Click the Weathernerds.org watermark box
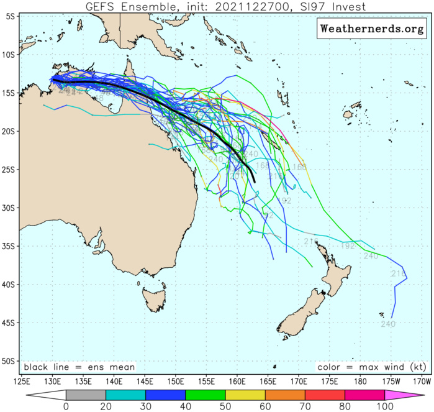372,29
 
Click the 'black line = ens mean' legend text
79,367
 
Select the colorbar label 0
66,407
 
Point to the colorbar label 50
225,407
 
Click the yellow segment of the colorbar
245,395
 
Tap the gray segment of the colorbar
86,395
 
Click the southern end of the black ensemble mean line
254,181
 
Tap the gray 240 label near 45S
388,324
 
